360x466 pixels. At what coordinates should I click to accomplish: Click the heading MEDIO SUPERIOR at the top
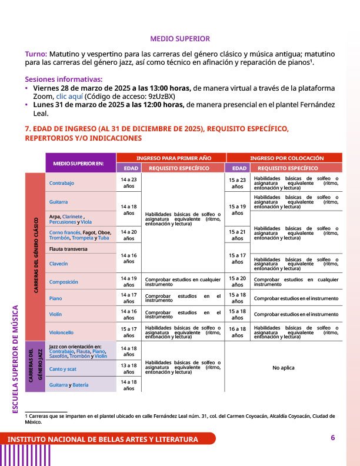[180, 39]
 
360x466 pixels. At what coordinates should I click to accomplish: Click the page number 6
[332, 438]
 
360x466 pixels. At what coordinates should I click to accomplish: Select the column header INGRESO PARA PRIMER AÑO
[171, 158]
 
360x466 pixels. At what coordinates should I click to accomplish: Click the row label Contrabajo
[62, 183]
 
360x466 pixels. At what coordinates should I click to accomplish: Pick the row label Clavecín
[59, 264]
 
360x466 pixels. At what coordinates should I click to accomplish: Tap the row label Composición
[64, 282]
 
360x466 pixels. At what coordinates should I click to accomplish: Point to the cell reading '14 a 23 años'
[128, 182]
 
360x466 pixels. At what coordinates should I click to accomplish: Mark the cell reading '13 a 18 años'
[128, 368]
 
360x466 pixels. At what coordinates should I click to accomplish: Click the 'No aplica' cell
[284, 368]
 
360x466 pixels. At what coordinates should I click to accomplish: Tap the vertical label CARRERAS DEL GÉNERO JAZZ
[35, 366]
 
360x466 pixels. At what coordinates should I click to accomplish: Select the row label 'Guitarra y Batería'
[69, 385]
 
